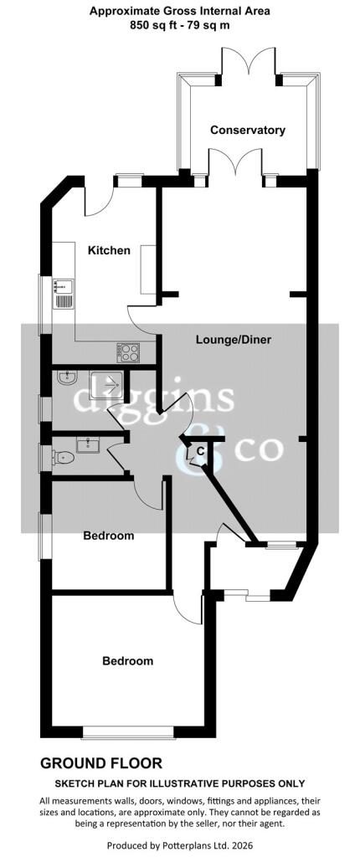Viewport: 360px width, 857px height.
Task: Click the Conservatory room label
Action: click(248, 130)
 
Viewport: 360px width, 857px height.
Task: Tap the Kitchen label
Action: click(110, 251)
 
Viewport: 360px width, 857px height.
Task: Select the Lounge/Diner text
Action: click(234, 340)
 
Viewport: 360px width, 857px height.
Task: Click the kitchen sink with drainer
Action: click(62, 293)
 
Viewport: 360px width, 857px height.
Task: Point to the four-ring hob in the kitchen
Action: click(128, 352)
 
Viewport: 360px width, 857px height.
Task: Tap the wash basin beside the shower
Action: click(67, 377)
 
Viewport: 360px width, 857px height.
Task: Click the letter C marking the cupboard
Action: click(201, 451)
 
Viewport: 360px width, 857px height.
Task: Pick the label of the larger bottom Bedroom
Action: click(128, 661)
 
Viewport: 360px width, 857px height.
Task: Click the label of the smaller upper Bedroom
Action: click(108, 536)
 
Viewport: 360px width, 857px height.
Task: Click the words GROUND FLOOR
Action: click(101, 763)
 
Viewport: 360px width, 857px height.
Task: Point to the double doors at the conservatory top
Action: click(249, 61)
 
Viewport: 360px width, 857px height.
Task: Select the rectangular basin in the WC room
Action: click(87, 445)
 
